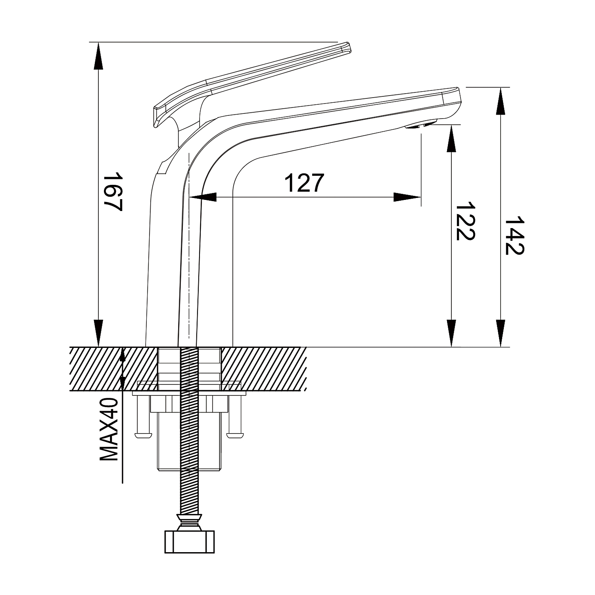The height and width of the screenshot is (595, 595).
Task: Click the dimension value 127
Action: pos(305,183)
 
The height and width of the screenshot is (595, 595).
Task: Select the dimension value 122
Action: pos(465,222)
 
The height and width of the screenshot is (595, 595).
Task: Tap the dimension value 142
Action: pos(514,236)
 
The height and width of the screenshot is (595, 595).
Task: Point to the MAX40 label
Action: pos(109,429)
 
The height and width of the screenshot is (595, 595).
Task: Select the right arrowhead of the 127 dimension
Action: pos(407,197)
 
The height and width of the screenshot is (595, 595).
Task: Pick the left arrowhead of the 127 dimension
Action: pos(203,197)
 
